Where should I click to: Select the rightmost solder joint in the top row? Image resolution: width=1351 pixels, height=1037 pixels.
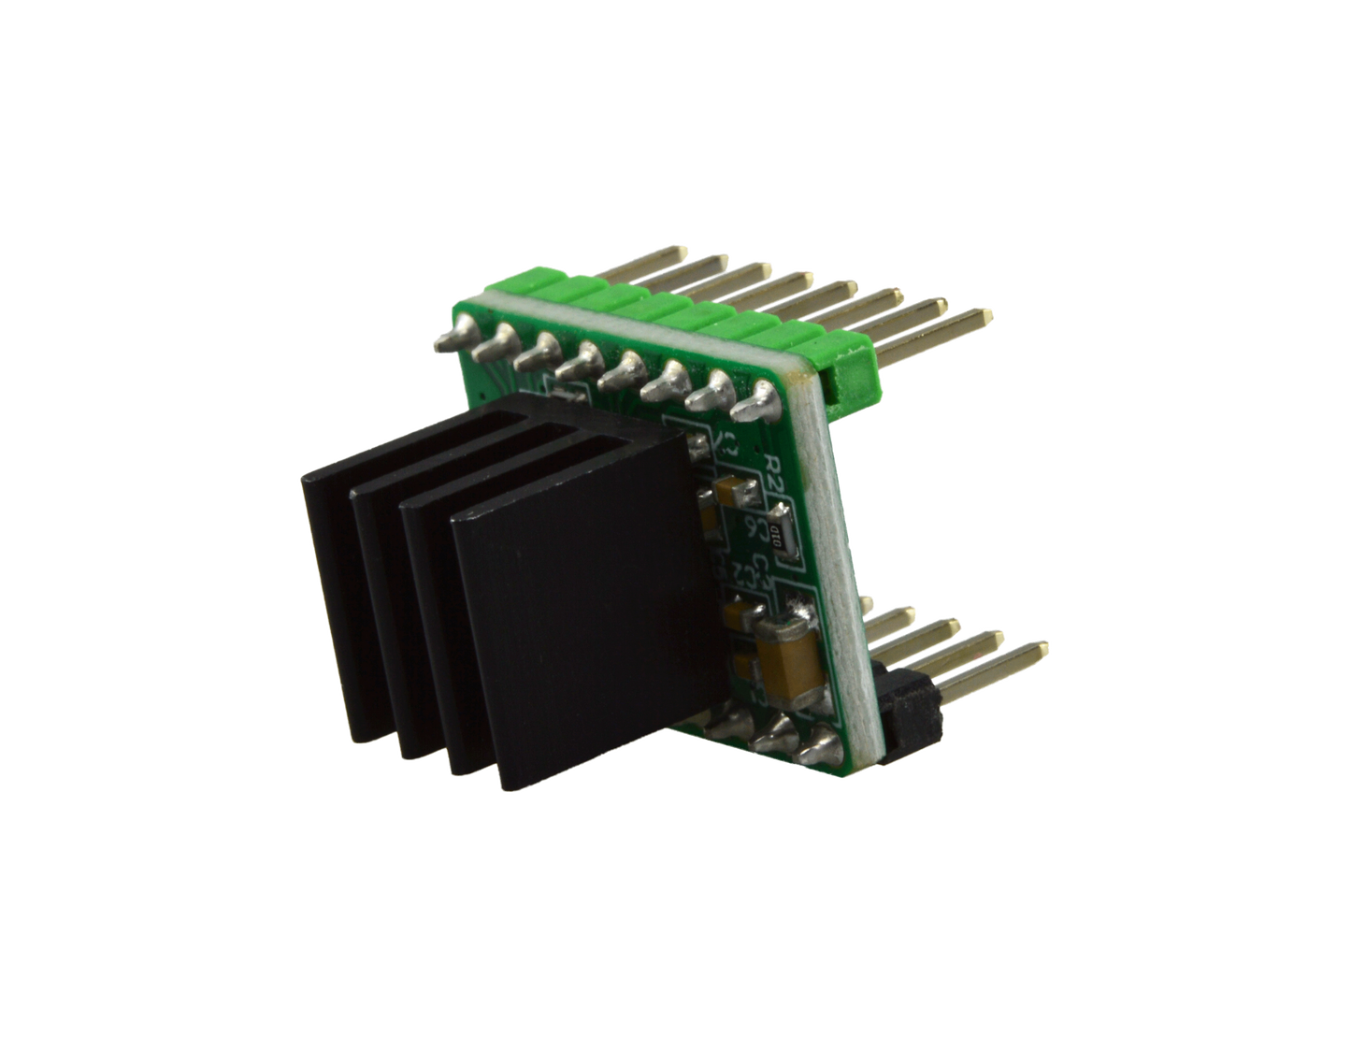pyautogui.click(x=756, y=406)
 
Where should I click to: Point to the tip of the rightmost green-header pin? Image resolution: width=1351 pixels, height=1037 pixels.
pyautogui.click(x=986, y=313)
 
